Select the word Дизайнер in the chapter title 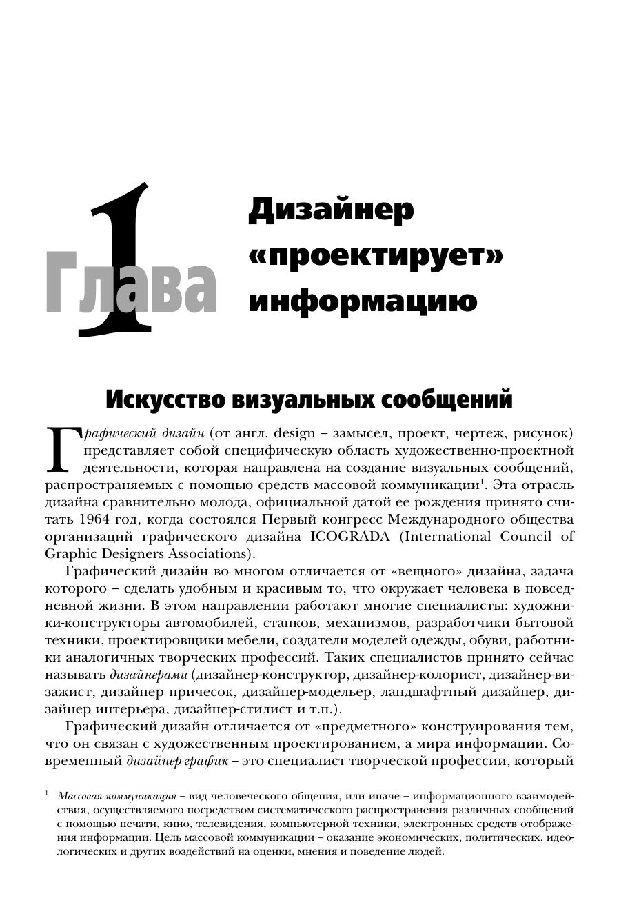331,210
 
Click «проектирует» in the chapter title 376,256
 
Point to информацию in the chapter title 363,301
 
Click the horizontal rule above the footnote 146,784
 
